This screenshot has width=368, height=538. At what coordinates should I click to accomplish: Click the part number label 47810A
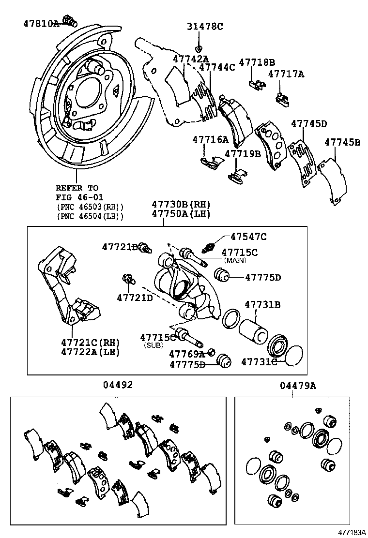coord(41,23)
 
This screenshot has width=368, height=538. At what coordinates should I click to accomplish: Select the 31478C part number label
coord(205,27)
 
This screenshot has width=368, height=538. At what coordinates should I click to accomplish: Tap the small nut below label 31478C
coord(199,47)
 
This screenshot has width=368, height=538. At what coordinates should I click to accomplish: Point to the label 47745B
coord(342,142)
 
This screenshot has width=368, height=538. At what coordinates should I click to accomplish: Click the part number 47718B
coord(257,62)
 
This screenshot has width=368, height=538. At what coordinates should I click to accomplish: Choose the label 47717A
coord(286,74)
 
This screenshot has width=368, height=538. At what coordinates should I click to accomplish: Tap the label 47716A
coord(210,139)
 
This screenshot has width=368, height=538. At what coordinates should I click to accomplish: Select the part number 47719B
coord(243,154)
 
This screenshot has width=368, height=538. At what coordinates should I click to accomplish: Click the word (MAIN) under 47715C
coord(234,260)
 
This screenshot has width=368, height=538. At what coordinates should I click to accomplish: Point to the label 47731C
coord(259,362)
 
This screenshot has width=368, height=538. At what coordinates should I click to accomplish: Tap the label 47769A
coord(186,354)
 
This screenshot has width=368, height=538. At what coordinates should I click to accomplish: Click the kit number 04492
coord(118,385)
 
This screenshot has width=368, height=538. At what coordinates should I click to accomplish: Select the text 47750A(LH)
coord(181,213)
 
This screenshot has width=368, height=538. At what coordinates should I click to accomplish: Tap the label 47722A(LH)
coord(91,352)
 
